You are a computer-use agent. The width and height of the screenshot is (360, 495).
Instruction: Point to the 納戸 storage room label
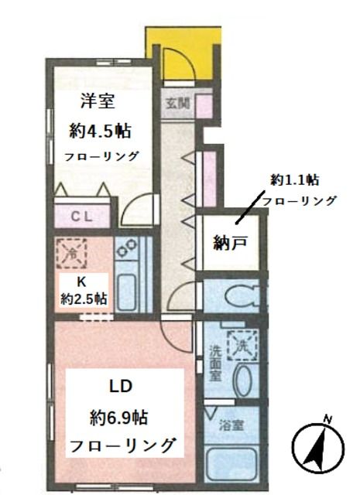coord(231,243)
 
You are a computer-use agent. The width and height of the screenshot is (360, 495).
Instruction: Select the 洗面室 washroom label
coord(214,362)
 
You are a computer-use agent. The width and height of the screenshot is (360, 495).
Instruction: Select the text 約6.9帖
coord(118,418)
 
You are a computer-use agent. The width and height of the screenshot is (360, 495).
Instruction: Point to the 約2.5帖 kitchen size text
coord(84,299)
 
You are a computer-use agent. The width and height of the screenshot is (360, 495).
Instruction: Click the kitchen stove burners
coord(128,249)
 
